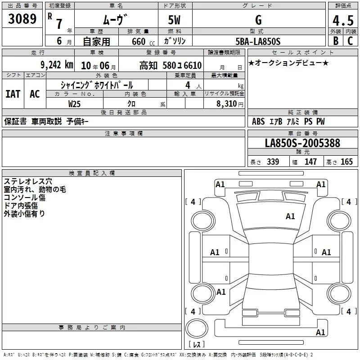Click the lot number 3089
click(x=22, y=19)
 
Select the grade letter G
click(x=258, y=20)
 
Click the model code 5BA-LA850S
click(x=258, y=41)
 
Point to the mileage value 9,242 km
click(x=56, y=65)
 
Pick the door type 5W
click(x=175, y=20)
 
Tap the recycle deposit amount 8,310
click(x=227, y=103)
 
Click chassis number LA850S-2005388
click(x=302, y=144)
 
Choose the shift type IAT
click(x=13, y=94)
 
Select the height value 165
click(x=346, y=162)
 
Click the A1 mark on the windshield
click(x=290, y=216)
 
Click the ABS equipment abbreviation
click(x=258, y=121)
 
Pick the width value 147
click(x=310, y=162)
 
